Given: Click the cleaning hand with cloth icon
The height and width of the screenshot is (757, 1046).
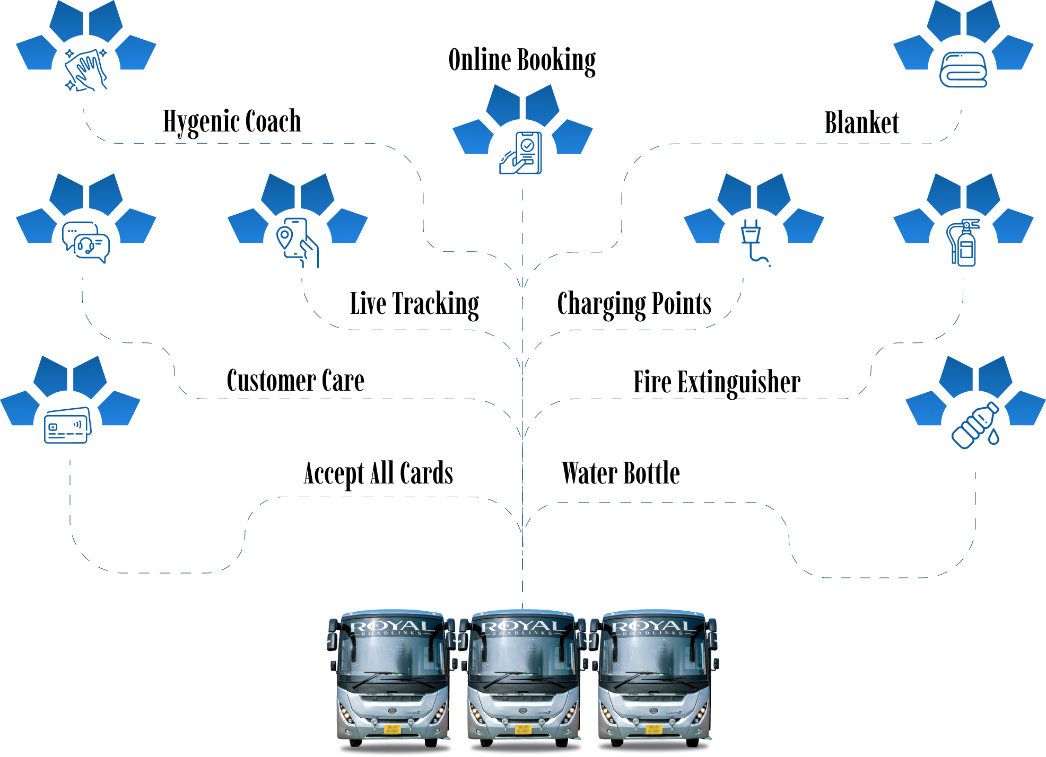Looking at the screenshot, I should click(x=86, y=69).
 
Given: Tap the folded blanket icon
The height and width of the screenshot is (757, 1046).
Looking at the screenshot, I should click(x=962, y=69).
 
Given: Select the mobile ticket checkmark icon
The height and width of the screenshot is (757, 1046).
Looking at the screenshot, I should click(x=522, y=154).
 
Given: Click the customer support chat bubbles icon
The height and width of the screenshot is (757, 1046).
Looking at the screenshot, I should click(x=86, y=243).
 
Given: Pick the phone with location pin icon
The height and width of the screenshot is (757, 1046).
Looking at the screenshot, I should click(x=298, y=243).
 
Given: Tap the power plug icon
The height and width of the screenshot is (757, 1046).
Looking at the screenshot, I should click(x=753, y=242).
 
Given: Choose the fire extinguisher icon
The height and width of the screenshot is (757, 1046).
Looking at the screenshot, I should click(x=963, y=243).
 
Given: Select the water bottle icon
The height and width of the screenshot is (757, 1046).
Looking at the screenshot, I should click(x=975, y=425).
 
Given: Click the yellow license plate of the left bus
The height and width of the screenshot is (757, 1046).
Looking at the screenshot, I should click(x=392, y=729).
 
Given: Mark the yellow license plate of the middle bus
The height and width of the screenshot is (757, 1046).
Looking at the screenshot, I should click(x=523, y=729).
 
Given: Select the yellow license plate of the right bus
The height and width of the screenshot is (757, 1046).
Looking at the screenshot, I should click(x=654, y=729).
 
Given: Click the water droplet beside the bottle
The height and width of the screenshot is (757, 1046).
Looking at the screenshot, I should click(x=993, y=436).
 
